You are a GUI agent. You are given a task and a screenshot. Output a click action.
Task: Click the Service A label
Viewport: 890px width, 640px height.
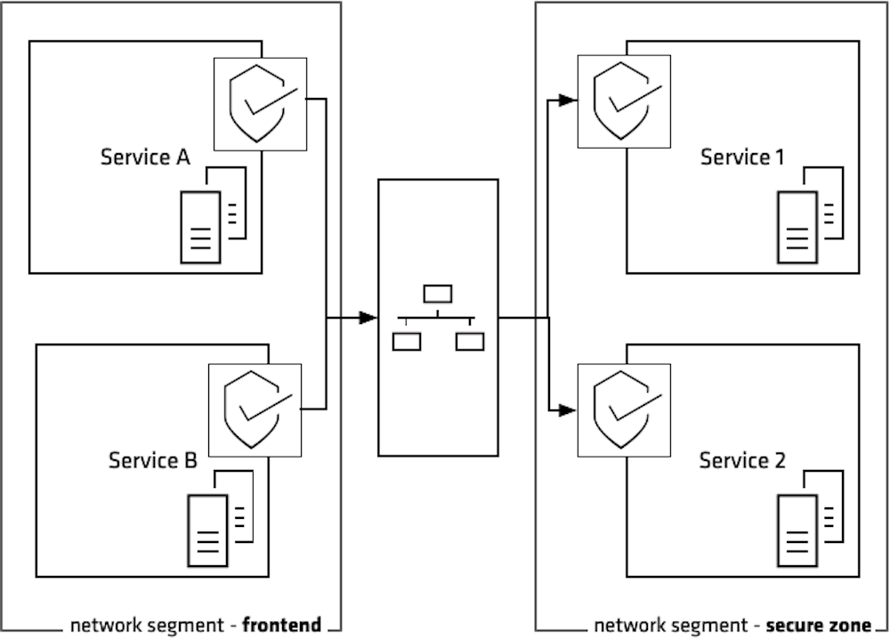click(x=145, y=158)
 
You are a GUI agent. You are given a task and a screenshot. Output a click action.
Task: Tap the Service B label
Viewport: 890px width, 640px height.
click(x=152, y=460)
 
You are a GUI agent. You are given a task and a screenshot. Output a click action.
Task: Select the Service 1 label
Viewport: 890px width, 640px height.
click(x=742, y=158)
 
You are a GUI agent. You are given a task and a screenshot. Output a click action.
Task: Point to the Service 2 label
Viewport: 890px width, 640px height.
click(x=742, y=460)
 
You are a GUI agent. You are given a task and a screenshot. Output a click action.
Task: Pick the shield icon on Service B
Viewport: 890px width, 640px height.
click(x=255, y=409)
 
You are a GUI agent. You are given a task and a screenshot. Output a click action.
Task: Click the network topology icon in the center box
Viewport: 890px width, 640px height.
click(x=438, y=318)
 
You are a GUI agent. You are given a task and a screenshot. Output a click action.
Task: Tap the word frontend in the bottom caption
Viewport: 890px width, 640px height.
click(x=281, y=625)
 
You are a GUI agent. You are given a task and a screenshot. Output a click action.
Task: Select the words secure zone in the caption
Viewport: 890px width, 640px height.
click(x=818, y=625)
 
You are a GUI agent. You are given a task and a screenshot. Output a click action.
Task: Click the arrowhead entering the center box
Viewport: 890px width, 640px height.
click(x=368, y=318)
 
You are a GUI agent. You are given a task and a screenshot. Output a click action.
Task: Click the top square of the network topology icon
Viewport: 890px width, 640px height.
click(x=438, y=294)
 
